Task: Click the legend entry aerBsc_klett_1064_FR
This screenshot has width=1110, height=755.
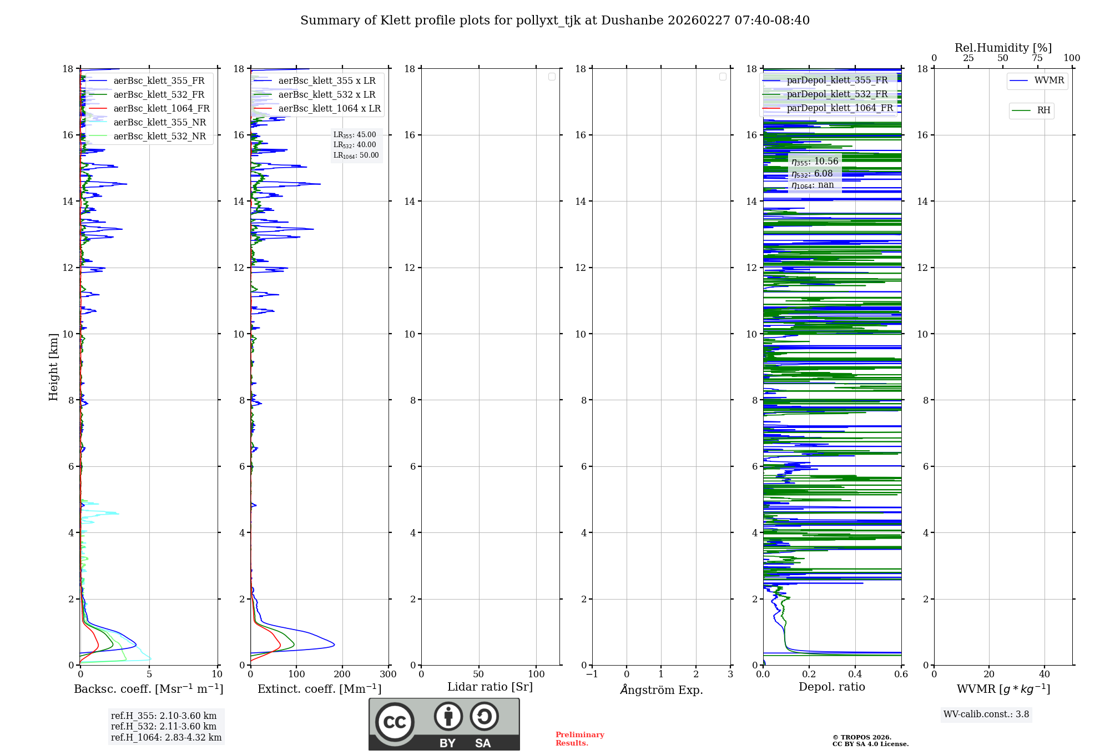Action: tap(161, 108)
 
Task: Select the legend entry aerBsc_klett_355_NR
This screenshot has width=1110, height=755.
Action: tap(159, 122)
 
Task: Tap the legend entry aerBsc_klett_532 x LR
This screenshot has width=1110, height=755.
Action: tap(326, 94)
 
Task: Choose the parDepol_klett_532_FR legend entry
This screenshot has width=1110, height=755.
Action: tap(836, 94)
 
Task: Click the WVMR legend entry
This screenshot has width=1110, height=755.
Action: tap(1048, 80)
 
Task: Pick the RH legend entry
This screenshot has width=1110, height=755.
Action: tap(1043, 110)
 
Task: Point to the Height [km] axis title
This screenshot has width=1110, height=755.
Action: tap(53, 366)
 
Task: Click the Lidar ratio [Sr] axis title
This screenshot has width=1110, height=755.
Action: tap(490, 687)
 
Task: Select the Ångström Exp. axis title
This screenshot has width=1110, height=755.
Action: tap(661, 689)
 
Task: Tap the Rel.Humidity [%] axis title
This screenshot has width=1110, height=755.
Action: tap(1003, 48)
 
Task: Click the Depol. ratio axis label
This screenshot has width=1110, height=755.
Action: tap(831, 687)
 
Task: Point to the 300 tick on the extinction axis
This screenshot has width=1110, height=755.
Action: tap(388, 675)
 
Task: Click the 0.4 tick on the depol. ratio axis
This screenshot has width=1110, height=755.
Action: tap(855, 675)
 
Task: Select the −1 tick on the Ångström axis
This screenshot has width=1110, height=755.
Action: tap(592, 675)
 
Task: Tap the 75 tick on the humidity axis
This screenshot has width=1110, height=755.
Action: tap(1037, 58)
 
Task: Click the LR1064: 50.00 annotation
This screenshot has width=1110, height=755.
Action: tap(356, 155)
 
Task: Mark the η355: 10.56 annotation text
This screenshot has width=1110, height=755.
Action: tap(814, 162)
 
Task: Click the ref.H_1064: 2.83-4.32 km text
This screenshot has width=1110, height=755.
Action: tap(166, 737)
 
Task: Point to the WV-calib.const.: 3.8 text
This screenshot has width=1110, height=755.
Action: tap(986, 714)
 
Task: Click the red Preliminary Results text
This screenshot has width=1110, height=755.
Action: tap(579, 738)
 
